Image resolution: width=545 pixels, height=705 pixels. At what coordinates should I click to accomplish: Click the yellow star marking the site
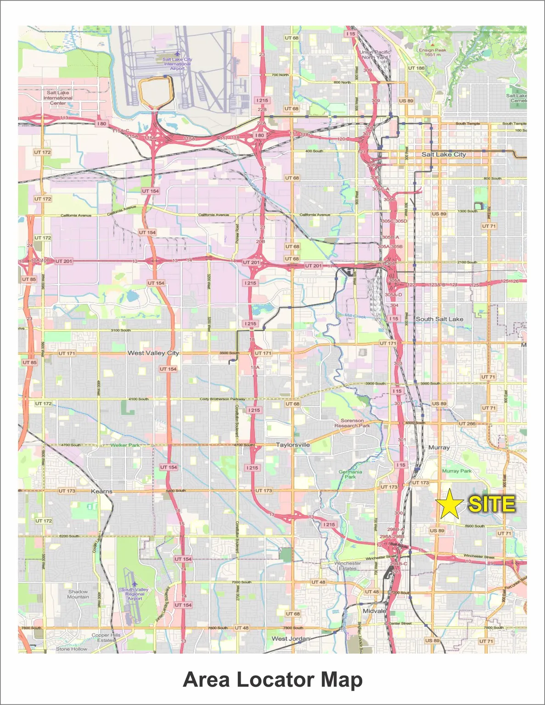(x=449, y=504)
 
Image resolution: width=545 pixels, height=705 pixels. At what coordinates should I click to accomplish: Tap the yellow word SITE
(x=491, y=504)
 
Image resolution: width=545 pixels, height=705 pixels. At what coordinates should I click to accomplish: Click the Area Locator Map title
(x=273, y=679)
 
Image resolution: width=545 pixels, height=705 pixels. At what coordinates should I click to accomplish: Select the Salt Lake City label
(x=444, y=155)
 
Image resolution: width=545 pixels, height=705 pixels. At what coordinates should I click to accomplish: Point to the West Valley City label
(x=153, y=353)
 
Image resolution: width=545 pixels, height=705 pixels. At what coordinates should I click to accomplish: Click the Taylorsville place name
(x=293, y=445)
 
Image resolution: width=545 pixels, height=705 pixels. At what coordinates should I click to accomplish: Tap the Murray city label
(x=439, y=447)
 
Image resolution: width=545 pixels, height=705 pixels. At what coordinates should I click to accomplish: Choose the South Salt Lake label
(x=439, y=319)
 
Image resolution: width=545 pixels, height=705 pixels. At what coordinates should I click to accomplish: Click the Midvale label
(x=374, y=611)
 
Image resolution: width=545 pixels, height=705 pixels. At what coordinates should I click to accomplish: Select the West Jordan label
(x=291, y=638)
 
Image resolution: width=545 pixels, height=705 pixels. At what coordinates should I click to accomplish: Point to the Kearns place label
(x=101, y=491)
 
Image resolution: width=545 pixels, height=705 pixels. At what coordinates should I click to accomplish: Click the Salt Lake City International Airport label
(x=177, y=64)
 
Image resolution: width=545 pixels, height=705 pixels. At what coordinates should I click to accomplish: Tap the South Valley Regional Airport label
(x=135, y=594)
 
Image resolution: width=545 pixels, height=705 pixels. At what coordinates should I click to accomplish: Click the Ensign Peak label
(x=432, y=52)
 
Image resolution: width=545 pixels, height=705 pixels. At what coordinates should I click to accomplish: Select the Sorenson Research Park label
(x=352, y=423)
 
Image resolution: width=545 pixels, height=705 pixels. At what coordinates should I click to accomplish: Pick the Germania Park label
(x=350, y=474)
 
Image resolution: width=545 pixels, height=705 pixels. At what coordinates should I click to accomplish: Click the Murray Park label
(x=457, y=471)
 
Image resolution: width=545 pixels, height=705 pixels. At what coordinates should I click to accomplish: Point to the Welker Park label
(x=125, y=445)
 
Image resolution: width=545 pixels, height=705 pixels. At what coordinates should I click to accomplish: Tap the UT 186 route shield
(x=416, y=68)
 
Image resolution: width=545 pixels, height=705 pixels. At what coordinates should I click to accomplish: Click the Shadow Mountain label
(x=78, y=594)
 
